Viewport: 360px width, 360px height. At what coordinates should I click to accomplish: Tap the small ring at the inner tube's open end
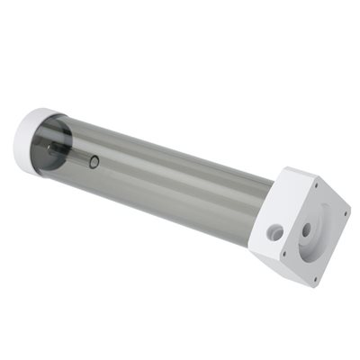click(x=95, y=162)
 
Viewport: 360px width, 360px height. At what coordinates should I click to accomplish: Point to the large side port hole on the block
click(x=275, y=233)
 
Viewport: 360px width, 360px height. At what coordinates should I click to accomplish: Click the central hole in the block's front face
click(x=307, y=230)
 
